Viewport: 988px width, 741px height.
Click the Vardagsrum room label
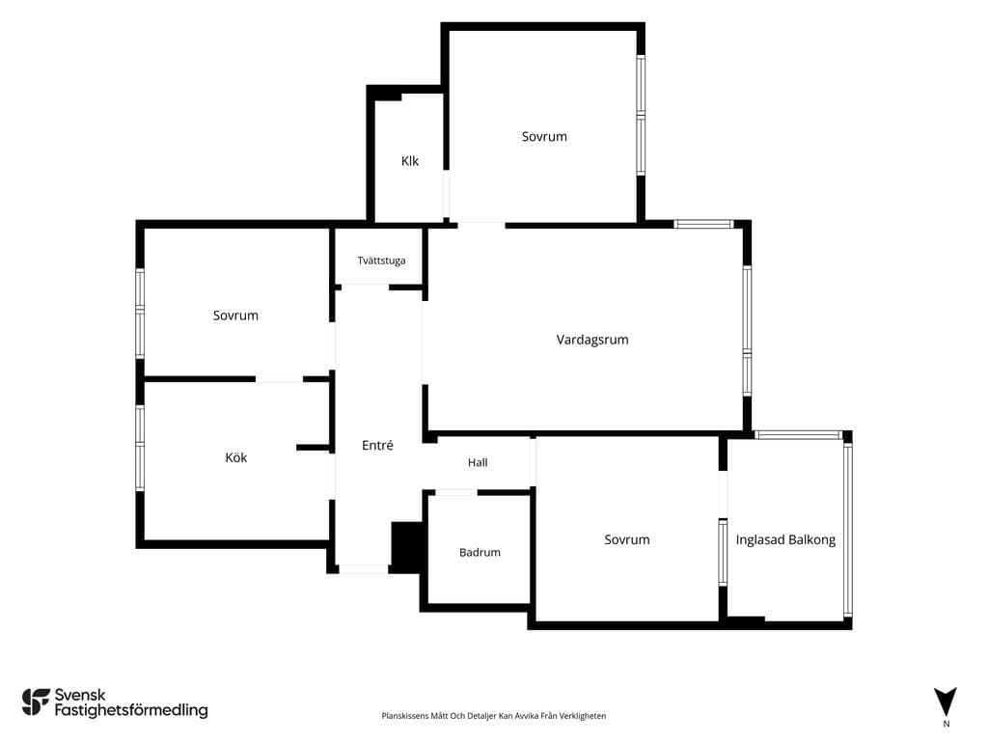pos(592,341)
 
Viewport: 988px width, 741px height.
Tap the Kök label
pos(236,457)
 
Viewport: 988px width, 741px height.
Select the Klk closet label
pos(409,161)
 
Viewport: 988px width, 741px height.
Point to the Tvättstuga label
pos(381,261)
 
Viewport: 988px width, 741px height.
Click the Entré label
pos(377,445)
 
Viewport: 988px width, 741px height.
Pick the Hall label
pos(478,462)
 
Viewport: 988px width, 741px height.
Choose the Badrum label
pos(480,552)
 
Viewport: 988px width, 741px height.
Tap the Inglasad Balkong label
pos(785,540)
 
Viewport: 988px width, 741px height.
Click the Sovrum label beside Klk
pos(544,136)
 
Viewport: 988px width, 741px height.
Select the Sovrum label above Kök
pos(235,316)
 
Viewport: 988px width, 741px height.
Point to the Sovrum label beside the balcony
pos(627,539)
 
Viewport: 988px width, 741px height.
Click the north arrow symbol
pos(946,700)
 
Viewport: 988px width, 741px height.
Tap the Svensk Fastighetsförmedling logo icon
pos(36,702)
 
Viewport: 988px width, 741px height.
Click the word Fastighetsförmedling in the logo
pos(131,710)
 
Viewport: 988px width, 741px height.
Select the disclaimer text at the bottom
pos(493,716)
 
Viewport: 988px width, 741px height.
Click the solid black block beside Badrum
pos(407,546)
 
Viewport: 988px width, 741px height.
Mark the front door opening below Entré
pos(364,569)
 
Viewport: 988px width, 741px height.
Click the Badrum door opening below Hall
pos(456,492)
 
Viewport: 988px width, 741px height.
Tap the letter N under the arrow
pos(946,724)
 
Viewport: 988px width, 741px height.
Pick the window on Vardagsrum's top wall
pos(703,224)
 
